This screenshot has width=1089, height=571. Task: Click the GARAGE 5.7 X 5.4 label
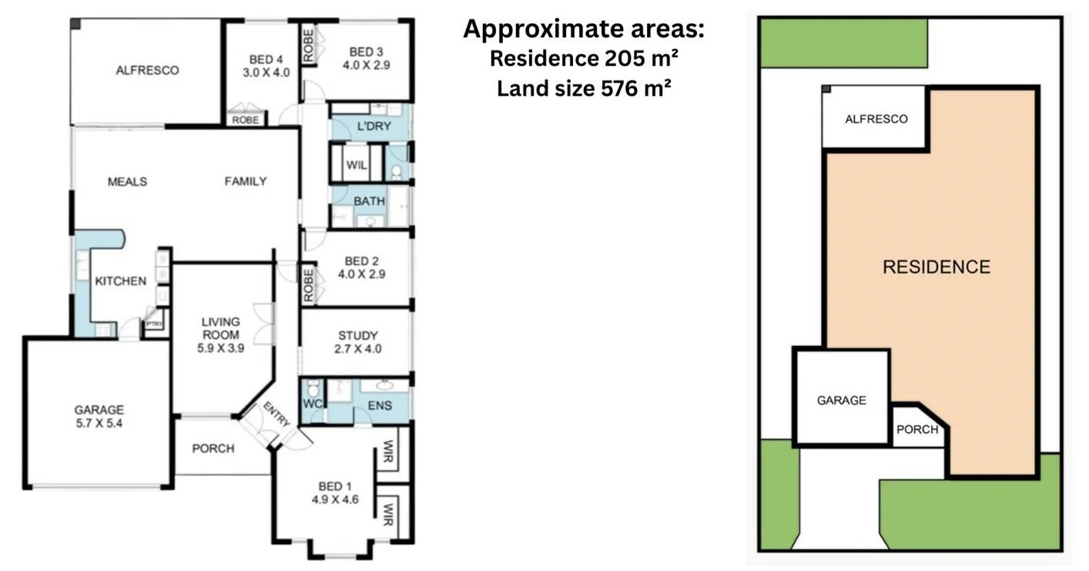pyautogui.click(x=99, y=417)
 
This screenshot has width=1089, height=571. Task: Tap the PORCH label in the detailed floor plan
pyautogui.click(x=213, y=448)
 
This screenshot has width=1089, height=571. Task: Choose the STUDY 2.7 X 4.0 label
pyautogui.click(x=358, y=341)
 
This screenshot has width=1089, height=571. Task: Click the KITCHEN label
pyautogui.click(x=120, y=281)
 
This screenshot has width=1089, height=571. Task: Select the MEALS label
pyautogui.click(x=127, y=182)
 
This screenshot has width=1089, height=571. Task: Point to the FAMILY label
pyautogui.click(x=246, y=182)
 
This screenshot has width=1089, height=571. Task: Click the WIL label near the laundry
pyautogui.click(x=356, y=165)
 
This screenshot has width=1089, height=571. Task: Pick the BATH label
pyautogui.click(x=369, y=201)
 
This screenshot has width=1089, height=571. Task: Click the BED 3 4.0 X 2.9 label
pyautogui.click(x=366, y=59)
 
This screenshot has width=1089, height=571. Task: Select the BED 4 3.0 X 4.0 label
pyautogui.click(x=261, y=65)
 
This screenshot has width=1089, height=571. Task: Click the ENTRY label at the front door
pyautogui.click(x=276, y=415)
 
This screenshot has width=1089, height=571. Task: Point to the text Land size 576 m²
pyautogui.click(x=583, y=89)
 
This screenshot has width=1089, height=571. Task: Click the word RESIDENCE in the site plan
pyautogui.click(x=936, y=267)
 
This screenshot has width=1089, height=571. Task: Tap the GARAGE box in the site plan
pyautogui.click(x=841, y=399)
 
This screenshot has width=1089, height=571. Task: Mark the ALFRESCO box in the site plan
pyautogui.click(x=875, y=118)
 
